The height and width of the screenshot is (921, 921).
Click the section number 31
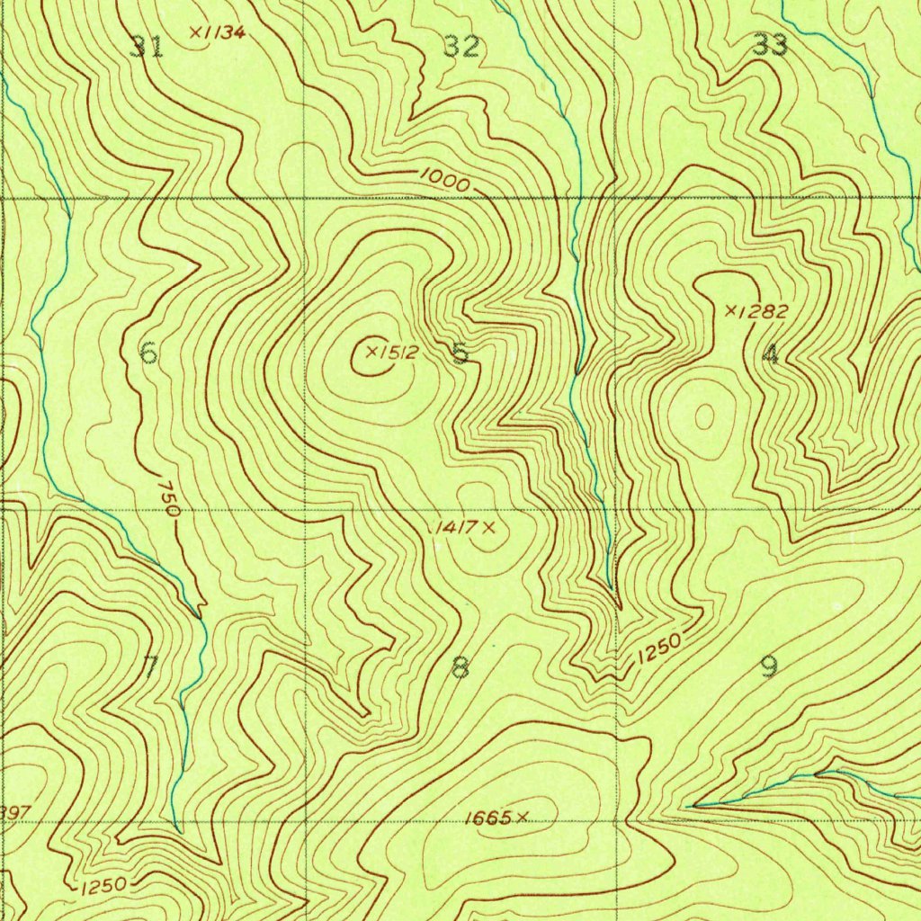147,46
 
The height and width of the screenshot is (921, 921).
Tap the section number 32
461,46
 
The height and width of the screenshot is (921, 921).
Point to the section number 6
149,353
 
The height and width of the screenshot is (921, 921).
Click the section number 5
460,353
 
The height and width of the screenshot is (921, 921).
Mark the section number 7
151,666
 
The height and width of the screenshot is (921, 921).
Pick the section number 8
460,667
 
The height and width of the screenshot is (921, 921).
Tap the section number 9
769,666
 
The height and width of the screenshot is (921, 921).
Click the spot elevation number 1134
223,32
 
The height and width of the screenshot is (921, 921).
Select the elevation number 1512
397,353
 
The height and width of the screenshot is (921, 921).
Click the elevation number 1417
454,527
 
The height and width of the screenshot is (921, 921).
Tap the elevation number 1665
489,818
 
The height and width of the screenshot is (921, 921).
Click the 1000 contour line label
444,182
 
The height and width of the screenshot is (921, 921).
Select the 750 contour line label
168,498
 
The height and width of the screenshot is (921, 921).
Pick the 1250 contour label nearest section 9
658,649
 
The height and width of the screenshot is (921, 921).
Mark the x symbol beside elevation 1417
488,527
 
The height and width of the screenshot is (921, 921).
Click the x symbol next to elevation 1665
522,818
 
